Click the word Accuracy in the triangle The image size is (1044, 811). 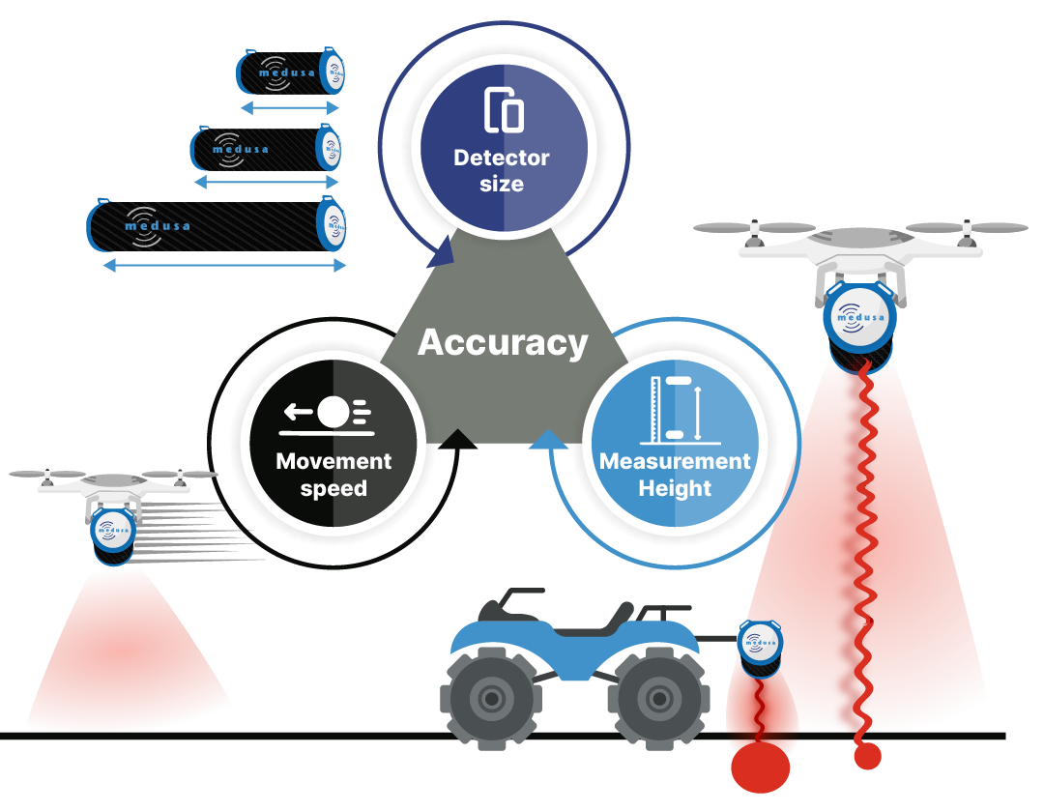pos(503,342)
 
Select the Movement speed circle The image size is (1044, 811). pos(333,445)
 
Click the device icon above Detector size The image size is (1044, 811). pos(503,109)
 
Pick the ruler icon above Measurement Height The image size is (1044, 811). pos(675,407)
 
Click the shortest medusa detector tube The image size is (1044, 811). pos(290,72)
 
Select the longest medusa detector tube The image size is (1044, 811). pos(217,226)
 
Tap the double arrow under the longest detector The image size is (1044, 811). pos(223,265)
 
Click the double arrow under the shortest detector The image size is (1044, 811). pos(290,107)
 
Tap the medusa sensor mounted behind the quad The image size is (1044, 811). pos(761,646)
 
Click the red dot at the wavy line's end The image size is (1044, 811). pos(867,756)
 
